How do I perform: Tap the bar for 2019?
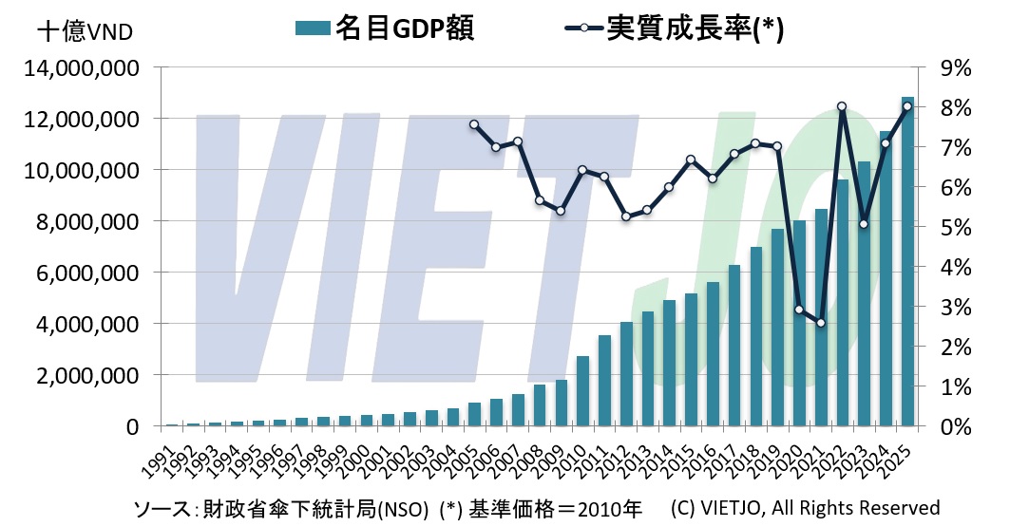click(777, 328)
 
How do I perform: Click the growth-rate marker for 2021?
click(821, 323)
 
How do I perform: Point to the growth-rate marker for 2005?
click(474, 124)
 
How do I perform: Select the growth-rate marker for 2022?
click(842, 106)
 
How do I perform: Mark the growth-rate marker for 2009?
click(561, 211)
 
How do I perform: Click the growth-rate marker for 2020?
click(799, 309)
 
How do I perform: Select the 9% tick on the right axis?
click(954, 68)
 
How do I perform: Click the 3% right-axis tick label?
click(954, 307)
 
